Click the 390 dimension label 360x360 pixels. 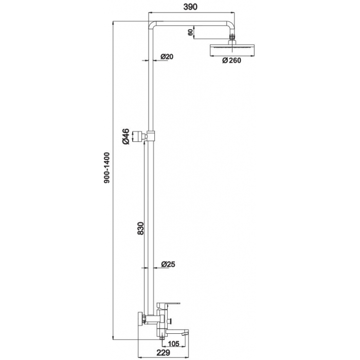point(190,7)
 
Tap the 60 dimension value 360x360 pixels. point(190,32)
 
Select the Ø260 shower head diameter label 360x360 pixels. point(231,60)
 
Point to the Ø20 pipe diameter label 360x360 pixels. point(167,57)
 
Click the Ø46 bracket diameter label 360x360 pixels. point(126,137)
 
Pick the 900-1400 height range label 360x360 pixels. point(107,168)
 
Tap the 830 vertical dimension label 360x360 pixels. point(140,228)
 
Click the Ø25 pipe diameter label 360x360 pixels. point(168,264)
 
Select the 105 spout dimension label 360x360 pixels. point(174,344)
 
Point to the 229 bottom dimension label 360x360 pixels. point(163,352)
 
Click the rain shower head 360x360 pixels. point(232,50)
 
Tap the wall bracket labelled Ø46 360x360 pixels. point(138,137)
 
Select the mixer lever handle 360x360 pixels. point(168,304)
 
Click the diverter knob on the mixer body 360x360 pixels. point(170,321)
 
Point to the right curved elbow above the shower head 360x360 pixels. point(231,25)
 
